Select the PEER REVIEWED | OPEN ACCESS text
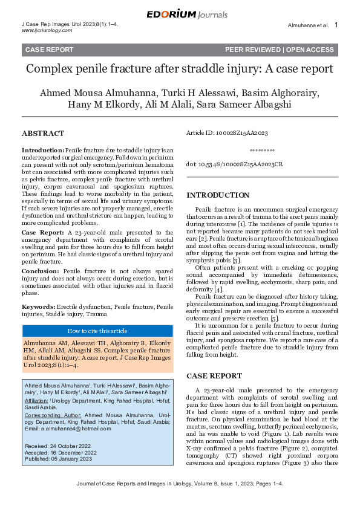click(x=279, y=50)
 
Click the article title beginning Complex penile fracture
click(x=179, y=68)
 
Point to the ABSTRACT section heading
click(x=44, y=133)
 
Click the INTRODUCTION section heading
click(x=217, y=195)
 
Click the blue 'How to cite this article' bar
click(x=97, y=331)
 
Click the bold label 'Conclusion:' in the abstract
click(x=41, y=272)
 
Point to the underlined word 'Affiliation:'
click(x=38, y=400)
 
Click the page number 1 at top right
click(x=336, y=25)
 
